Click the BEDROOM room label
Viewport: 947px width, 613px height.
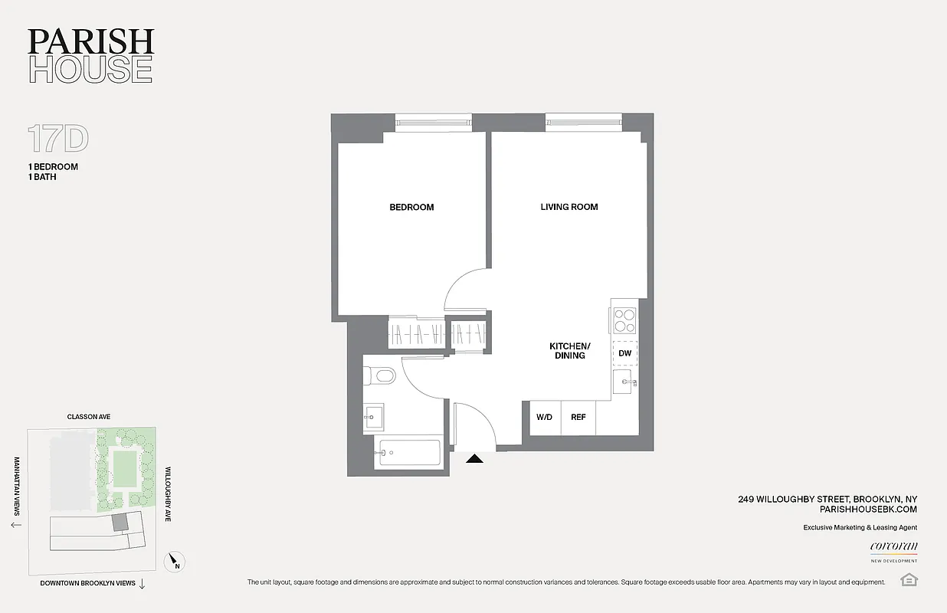(x=411, y=207)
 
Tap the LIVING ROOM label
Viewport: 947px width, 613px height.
(x=569, y=207)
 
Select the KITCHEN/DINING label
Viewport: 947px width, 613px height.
(x=568, y=351)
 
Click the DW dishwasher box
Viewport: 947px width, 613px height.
(x=625, y=353)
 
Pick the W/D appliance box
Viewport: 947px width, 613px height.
(x=544, y=418)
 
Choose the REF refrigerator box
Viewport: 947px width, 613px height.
(x=578, y=418)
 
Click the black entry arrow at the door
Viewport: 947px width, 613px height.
(x=475, y=459)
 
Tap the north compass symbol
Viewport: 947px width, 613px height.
(x=175, y=563)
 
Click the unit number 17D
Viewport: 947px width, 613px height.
(x=58, y=139)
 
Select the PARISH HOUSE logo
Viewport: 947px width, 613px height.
(x=90, y=55)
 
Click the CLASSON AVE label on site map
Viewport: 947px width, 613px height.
(x=89, y=417)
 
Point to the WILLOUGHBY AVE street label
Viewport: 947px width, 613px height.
(x=168, y=494)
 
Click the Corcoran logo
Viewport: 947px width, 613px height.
(x=893, y=547)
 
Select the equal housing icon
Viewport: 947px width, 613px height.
(x=909, y=579)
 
